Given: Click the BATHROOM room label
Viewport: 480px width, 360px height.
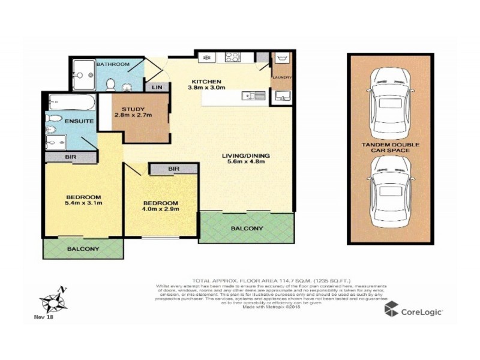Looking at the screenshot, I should pos(113,64).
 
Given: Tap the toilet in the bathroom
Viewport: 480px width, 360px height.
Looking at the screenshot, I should pos(111,84).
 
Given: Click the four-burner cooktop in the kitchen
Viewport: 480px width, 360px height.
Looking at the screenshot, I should pos(233,58).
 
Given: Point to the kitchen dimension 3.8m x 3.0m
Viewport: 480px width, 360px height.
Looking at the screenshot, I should pos(206,88).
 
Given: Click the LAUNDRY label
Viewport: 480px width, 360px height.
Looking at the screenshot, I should pos(282,77).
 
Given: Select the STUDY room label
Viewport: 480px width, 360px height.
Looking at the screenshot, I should pos(133,109).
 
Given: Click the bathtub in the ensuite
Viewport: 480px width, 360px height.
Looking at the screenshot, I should pos(71,102).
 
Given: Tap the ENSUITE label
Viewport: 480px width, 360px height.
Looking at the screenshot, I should pos(79,121).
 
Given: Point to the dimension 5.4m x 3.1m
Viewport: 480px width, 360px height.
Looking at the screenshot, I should pos(83,203).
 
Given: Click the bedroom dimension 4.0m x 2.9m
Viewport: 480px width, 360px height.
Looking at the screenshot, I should pos(161,209).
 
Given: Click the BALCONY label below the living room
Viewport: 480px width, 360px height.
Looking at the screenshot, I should pos(247,229).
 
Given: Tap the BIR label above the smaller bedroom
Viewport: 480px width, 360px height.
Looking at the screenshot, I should pos(174,169).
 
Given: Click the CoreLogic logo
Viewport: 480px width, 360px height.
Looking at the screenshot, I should pos(414,311).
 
